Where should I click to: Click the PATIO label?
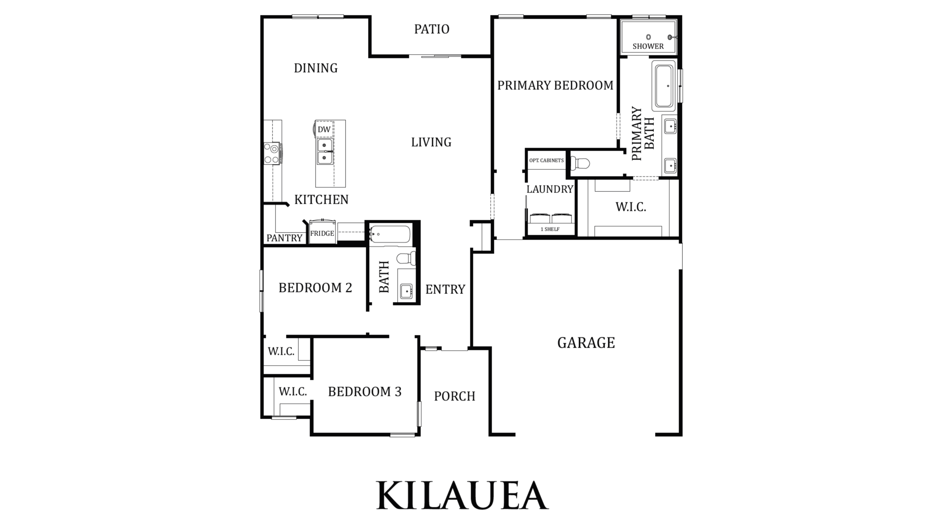click(x=431, y=29)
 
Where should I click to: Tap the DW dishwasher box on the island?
click(x=324, y=129)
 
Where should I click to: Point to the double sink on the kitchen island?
click(x=325, y=151)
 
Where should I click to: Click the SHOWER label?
click(x=648, y=46)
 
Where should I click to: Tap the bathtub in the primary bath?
click(x=663, y=85)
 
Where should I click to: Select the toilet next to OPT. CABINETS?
click(x=580, y=163)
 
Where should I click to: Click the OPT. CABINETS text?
click(x=547, y=160)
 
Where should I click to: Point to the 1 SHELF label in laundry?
click(x=550, y=229)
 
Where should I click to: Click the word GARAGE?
click(x=586, y=343)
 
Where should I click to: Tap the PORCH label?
click(x=454, y=396)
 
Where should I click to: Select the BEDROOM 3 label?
click(x=365, y=392)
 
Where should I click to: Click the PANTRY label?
click(x=284, y=238)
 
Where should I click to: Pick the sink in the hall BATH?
click(x=406, y=291)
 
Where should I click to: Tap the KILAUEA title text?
click(x=463, y=496)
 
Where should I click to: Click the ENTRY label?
click(x=445, y=290)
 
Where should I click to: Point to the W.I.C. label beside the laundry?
click(x=631, y=207)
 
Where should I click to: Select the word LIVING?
click(x=431, y=142)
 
